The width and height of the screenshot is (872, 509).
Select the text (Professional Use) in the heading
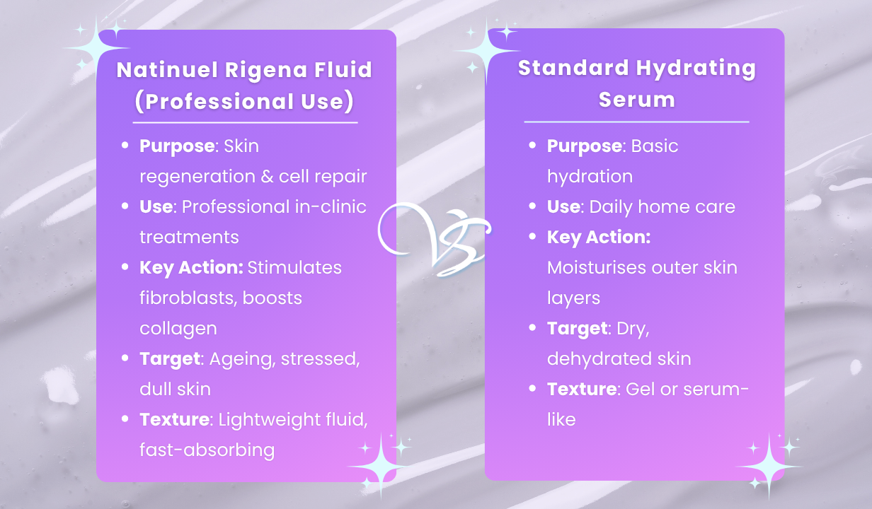click(245, 101)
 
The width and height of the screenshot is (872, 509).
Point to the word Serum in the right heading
click(636, 99)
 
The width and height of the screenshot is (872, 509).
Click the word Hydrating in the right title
click(696, 69)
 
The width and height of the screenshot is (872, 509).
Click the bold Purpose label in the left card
click(177, 146)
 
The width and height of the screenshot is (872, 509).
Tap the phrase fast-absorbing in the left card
click(207, 450)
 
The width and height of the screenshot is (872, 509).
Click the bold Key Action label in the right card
click(599, 237)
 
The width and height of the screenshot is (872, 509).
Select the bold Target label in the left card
click(170, 358)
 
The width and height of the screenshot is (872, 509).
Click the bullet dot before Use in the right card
click(532, 206)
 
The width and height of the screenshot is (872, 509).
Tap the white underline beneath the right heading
click(636, 122)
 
